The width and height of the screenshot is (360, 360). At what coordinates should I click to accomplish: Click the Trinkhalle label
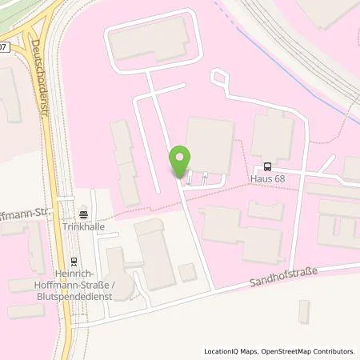point(84,226)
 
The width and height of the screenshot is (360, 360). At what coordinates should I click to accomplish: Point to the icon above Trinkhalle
point(84,214)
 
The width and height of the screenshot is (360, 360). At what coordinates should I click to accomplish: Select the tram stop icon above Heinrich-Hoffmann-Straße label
point(74,261)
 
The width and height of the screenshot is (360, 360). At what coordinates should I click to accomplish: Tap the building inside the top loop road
point(151,42)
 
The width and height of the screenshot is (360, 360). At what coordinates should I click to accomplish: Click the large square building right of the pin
point(210,145)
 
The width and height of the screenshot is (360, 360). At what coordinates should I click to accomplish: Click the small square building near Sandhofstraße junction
point(187,273)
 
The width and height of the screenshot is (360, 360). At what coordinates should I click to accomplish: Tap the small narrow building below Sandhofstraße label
point(304,311)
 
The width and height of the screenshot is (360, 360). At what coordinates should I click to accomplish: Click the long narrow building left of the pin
point(125,160)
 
